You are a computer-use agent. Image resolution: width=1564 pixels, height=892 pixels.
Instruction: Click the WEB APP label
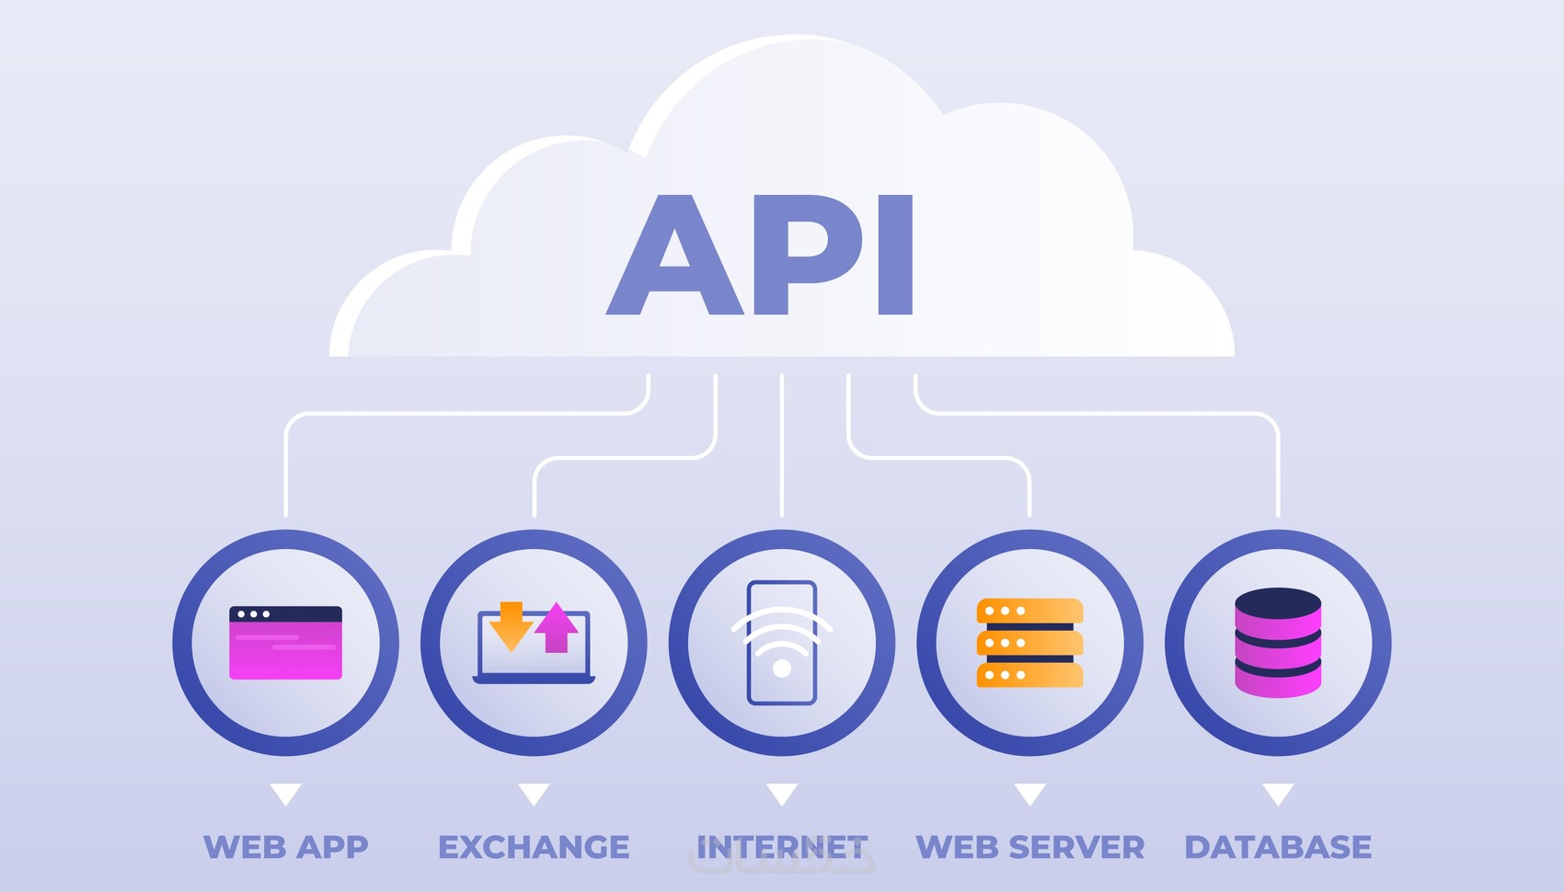click(x=285, y=847)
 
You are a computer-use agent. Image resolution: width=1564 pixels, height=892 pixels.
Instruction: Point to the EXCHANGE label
click(x=534, y=847)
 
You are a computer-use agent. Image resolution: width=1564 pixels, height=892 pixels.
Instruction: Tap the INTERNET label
click(x=782, y=847)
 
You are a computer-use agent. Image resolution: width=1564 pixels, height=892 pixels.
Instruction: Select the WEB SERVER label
click(x=1030, y=847)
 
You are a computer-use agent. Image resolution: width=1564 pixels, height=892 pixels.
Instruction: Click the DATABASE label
click(x=1278, y=847)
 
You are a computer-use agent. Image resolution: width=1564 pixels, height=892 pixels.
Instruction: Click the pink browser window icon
click(x=285, y=643)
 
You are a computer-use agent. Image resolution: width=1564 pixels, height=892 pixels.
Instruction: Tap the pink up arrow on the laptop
click(x=557, y=627)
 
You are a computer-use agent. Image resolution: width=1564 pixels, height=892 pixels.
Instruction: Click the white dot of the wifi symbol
click(x=782, y=669)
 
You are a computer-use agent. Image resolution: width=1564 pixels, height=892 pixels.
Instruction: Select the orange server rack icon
click(x=1029, y=643)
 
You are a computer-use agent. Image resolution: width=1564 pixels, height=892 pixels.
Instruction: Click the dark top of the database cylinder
click(x=1278, y=603)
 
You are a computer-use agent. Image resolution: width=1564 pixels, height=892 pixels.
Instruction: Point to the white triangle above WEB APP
click(x=285, y=793)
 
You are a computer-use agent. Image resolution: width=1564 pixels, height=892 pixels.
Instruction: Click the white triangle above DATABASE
click(x=1278, y=793)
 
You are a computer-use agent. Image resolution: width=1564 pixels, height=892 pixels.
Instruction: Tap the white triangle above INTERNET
click(x=782, y=793)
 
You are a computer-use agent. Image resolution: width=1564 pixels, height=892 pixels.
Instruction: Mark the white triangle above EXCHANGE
click(x=534, y=793)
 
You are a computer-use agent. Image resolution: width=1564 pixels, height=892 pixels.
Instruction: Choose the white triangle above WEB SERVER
click(x=1029, y=793)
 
